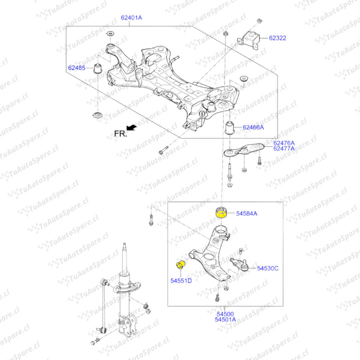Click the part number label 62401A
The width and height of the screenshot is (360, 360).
[x=131, y=18]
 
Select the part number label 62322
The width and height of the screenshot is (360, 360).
[x=277, y=38]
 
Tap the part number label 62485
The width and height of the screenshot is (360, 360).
[x=77, y=68]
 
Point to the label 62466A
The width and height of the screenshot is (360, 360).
[x=253, y=127]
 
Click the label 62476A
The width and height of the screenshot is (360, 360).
[x=284, y=143]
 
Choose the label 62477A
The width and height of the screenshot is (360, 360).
[x=284, y=149]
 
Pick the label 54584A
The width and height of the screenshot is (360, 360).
[x=247, y=214]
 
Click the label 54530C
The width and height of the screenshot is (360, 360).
[x=268, y=268]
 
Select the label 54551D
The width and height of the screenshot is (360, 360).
[x=181, y=281]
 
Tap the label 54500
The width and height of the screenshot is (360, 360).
[x=225, y=314]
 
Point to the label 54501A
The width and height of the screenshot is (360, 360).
[x=225, y=320]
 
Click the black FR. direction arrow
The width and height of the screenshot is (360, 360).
[x=132, y=127]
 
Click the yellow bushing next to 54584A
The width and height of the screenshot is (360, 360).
[x=221, y=212]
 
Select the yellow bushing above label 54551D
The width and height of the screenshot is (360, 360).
[x=181, y=264]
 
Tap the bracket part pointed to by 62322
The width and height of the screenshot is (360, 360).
[x=249, y=40]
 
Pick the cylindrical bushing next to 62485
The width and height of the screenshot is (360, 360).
[x=98, y=68]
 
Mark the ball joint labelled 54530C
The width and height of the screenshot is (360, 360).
[x=239, y=263]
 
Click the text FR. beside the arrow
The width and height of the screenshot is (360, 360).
[x=121, y=134]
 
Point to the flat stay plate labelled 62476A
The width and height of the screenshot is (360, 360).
[x=244, y=150]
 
